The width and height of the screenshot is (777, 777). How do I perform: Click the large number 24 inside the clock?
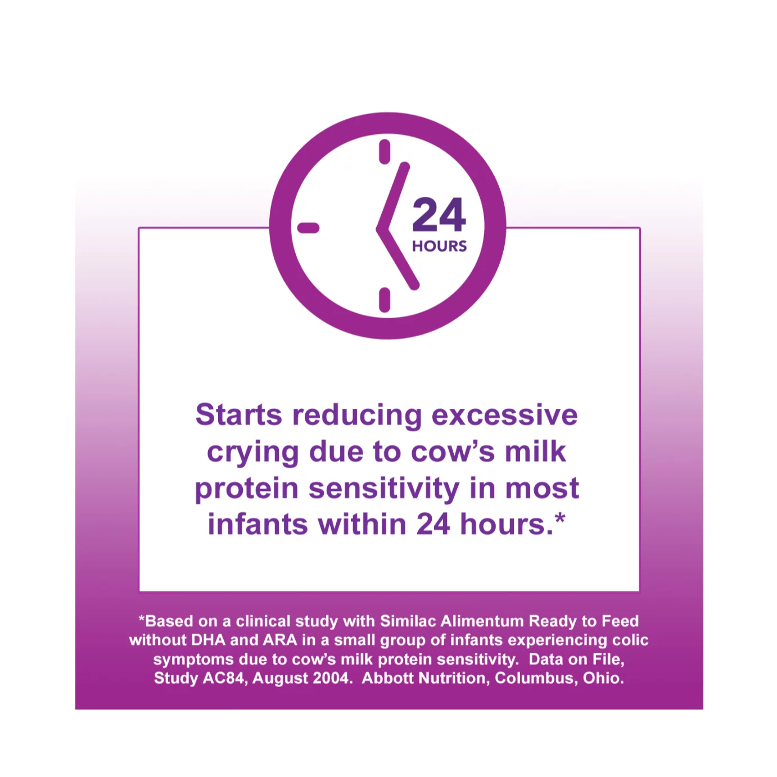pyautogui.click(x=439, y=215)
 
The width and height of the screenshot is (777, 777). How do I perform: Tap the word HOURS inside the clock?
pyautogui.click(x=439, y=246)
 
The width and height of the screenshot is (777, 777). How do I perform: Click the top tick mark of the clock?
pyautogui.click(x=385, y=152)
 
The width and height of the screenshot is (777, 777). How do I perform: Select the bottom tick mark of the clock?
pyautogui.click(x=385, y=300)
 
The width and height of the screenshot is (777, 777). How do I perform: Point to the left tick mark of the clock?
pyautogui.click(x=308, y=228)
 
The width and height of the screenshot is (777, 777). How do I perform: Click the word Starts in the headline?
pyautogui.click(x=238, y=414)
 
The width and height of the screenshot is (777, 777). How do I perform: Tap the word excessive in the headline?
pyautogui.click(x=504, y=414)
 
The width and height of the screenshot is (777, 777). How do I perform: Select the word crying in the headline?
pyautogui.click(x=253, y=453)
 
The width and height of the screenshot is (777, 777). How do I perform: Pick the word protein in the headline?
pyautogui.click(x=246, y=489)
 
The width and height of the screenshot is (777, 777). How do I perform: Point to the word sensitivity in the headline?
pyautogui.click(x=384, y=489)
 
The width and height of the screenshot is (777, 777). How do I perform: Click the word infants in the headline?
pyautogui.click(x=258, y=524)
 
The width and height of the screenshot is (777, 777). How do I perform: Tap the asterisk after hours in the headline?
pyautogui.click(x=560, y=518)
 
